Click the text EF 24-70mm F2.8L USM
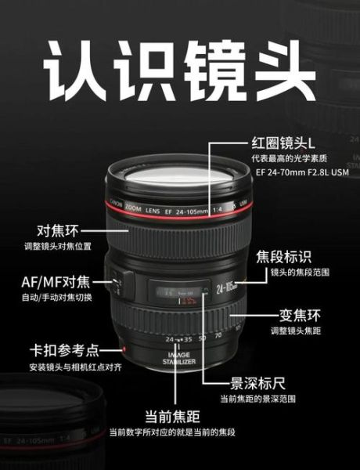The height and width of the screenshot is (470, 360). pyautogui.click(x=292, y=174)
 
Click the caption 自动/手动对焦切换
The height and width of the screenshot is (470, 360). pyautogui.click(x=56, y=298)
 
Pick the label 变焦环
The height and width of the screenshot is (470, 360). pyautogui.click(x=301, y=316)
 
